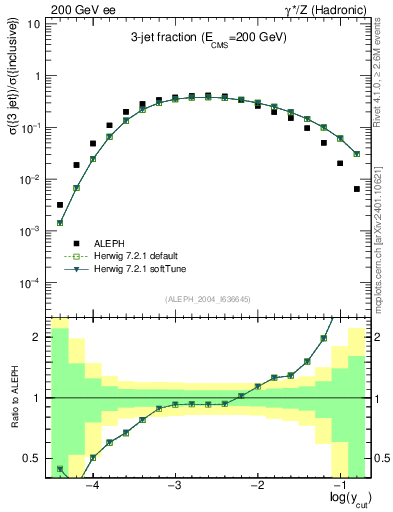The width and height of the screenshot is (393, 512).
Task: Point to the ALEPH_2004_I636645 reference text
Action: [207, 299]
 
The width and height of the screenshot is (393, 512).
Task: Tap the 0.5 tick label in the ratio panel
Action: [32, 459]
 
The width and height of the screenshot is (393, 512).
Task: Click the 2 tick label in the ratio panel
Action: [36, 337]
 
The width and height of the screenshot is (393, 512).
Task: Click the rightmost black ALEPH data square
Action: [357, 188]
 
